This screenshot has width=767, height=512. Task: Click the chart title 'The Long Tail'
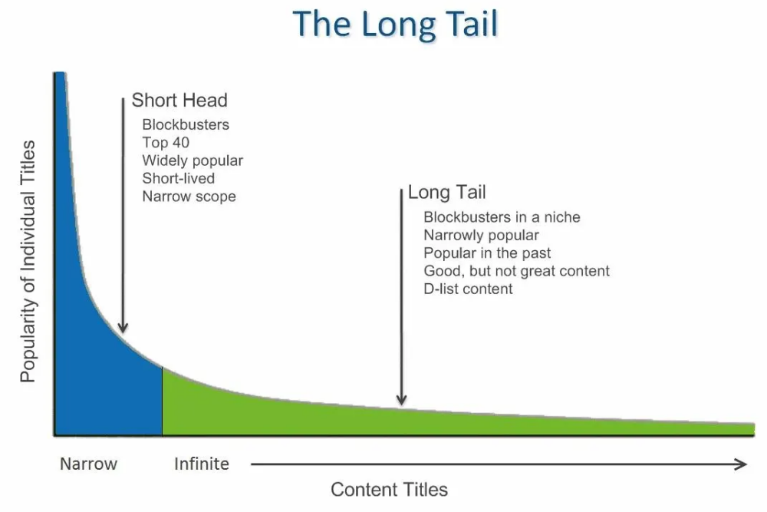[395, 24]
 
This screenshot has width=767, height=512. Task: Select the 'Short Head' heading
[179, 100]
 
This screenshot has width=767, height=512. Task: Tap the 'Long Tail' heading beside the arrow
[446, 192]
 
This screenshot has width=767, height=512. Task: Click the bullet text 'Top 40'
[166, 142]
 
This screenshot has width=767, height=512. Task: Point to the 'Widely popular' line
[193, 160]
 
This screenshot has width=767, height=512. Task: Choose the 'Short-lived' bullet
[179, 178]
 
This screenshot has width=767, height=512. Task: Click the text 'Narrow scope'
[189, 197]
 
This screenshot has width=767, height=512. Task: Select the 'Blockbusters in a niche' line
[502, 217]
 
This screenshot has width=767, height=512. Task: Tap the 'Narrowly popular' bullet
[481, 235]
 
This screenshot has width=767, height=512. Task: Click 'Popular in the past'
[487, 253]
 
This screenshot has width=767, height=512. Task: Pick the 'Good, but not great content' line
[516, 271]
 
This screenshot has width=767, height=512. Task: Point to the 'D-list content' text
[468, 289]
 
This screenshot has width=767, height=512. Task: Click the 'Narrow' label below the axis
[89, 464]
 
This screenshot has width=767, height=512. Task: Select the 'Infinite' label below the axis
[201, 464]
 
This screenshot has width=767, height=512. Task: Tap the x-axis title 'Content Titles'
[389, 489]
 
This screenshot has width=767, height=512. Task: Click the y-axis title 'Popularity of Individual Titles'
[28, 261]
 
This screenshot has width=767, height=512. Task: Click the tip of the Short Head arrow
[123, 332]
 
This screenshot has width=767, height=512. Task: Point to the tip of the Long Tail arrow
[401, 403]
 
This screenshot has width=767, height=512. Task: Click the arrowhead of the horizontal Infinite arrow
[742, 464]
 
